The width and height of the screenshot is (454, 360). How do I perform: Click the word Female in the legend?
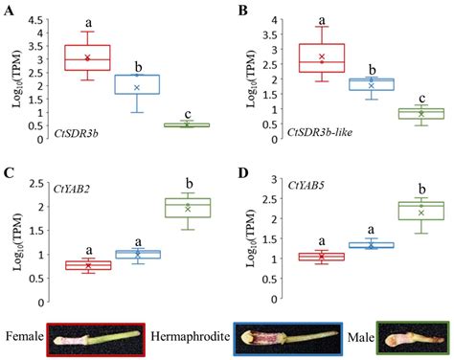tap(23, 337)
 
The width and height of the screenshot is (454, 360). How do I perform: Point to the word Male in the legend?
tap(355, 337)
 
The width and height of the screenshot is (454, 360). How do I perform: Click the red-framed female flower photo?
tap(95, 338)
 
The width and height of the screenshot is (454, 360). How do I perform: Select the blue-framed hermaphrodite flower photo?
tap(283, 338)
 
